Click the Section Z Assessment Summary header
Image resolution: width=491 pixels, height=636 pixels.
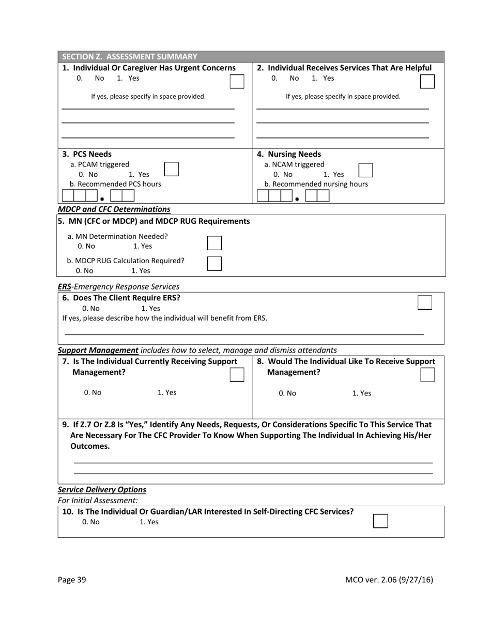pos(130,57)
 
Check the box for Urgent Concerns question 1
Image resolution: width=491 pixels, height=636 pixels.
pos(237,82)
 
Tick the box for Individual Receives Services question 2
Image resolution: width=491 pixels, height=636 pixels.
pos(427,81)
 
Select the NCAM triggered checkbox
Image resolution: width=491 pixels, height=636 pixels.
pos(365,170)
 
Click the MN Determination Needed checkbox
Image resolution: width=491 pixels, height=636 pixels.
pos(214,243)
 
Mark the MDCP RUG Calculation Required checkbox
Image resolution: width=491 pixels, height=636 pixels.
pos(214,263)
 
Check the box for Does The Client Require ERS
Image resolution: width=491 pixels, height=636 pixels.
pos(424,302)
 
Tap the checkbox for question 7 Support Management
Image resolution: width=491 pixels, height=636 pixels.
pos(237,374)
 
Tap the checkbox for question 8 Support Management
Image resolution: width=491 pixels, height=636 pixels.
pos(427,374)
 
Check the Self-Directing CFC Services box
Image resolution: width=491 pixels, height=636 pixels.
pos(380,521)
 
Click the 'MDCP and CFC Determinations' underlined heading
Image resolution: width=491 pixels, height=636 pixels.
pos(114,209)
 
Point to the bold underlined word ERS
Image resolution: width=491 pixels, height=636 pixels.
pos(65,286)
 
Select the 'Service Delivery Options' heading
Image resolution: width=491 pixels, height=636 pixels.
pos(102,490)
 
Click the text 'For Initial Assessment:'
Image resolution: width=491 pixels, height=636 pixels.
pos(98,501)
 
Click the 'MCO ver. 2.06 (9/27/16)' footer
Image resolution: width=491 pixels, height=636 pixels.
pos(389,580)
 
